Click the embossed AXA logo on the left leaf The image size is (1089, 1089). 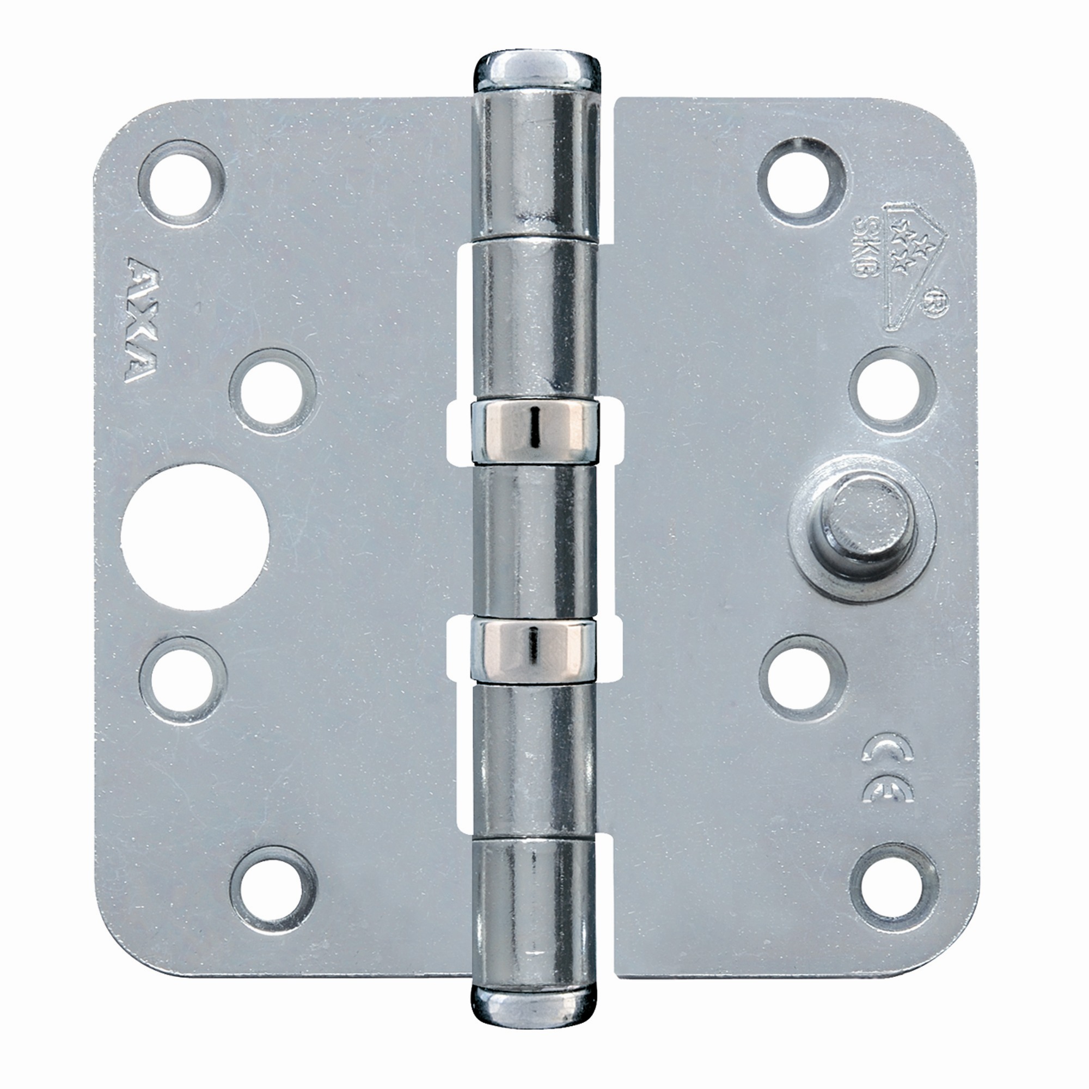pos(143,320)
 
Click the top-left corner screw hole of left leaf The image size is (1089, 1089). pos(181,183)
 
